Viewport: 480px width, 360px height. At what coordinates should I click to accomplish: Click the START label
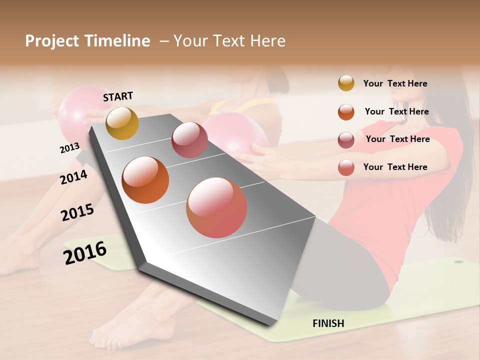(118, 96)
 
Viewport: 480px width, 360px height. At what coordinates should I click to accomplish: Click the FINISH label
(328, 323)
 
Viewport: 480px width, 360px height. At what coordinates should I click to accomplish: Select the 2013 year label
(69, 147)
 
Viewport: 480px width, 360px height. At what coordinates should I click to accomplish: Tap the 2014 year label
(73, 177)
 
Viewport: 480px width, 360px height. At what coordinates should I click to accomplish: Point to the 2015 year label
(77, 212)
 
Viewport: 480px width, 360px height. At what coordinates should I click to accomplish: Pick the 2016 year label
(85, 253)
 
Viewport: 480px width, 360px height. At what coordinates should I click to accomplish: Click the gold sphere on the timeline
(122, 123)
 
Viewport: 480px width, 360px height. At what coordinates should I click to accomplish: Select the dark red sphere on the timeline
(189, 139)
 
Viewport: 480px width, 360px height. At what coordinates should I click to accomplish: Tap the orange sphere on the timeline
(145, 180)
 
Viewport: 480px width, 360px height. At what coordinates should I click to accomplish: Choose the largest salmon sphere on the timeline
(216, 207)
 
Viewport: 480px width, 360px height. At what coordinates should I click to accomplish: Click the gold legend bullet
(346, 83)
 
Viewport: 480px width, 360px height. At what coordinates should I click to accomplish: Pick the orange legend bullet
(346, 112)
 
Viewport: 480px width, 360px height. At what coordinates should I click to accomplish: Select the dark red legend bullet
(346, 140)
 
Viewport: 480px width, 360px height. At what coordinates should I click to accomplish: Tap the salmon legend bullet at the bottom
(346, 167)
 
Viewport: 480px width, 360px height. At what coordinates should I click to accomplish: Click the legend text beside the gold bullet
(395, 83)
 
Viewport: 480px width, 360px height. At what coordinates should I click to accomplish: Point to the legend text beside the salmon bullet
(395, 167)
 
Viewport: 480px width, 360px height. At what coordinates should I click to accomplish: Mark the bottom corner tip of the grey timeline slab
(270, 323)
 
